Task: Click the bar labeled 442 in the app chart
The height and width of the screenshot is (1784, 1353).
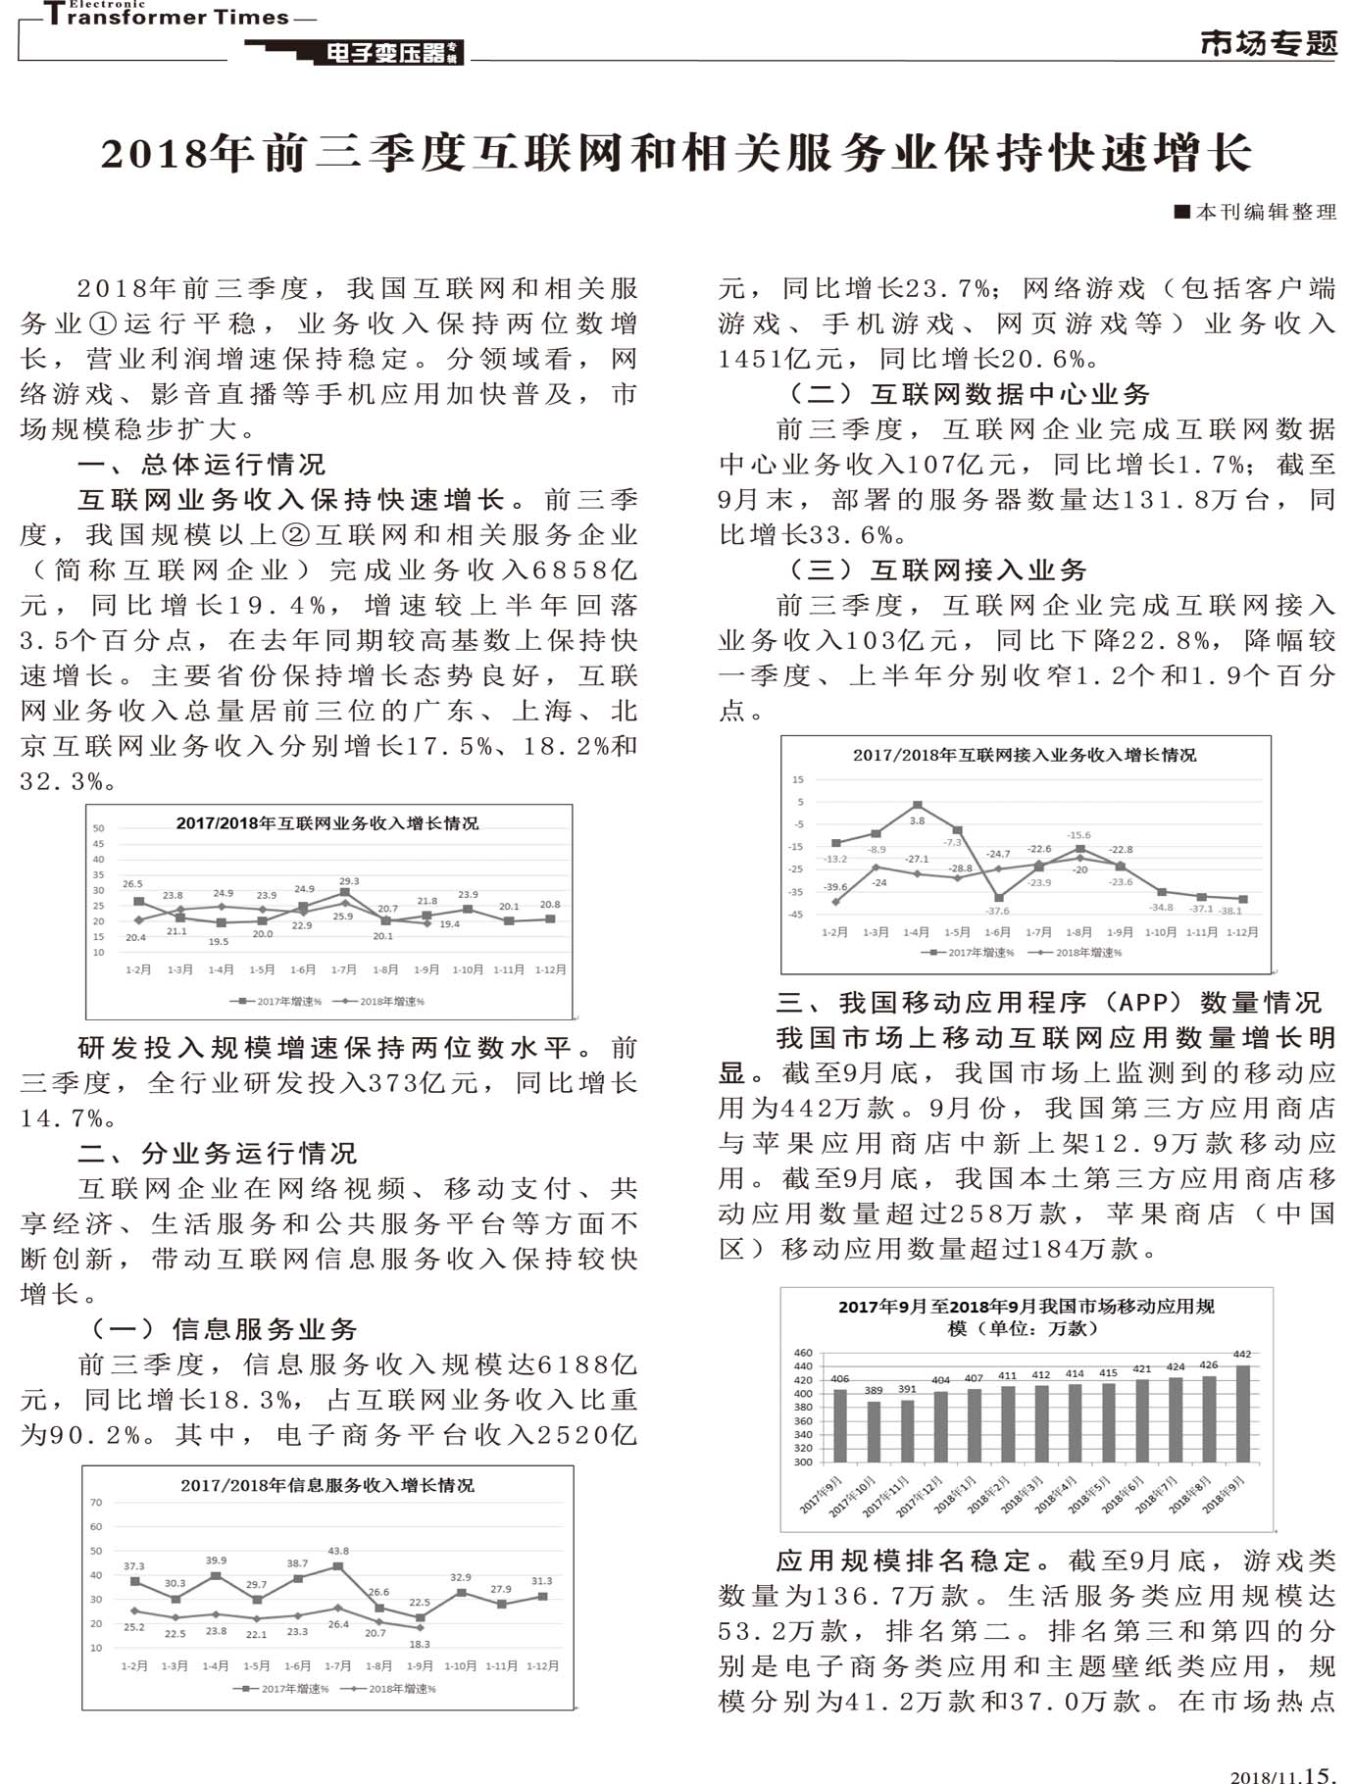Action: point(1242,1412)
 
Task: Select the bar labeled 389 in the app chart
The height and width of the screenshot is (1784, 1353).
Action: point(874,1431)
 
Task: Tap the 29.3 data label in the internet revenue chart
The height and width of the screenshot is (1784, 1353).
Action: point(349,881)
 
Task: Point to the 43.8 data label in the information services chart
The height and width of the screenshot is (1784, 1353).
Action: point(338,1551)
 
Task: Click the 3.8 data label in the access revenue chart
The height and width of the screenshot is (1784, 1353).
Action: point(917,820)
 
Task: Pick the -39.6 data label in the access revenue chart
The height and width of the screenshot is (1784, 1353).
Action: point(835,887)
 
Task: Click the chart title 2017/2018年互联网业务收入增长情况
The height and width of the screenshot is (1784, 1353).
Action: point(327,823)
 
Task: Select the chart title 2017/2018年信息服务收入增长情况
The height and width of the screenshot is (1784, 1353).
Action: point(327,1485)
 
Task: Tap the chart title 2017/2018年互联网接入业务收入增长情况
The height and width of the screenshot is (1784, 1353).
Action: point(1025,755)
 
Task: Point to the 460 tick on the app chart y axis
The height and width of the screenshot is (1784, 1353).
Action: point(803,1353)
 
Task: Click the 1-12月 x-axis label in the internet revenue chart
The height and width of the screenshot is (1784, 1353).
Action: point(550,969)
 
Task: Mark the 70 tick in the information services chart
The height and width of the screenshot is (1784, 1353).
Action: point(96,1503)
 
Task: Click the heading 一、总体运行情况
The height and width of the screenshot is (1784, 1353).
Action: point(201,464)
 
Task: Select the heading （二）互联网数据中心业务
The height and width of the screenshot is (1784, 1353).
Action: point(969,394)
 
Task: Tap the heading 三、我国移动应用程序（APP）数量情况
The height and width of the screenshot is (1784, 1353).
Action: point(1049,1002)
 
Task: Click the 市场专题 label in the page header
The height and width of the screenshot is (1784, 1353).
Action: point(1268,43)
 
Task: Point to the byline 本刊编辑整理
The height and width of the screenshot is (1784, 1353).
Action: point(1263,212)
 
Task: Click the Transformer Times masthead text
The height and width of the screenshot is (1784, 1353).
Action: point(167,16)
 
